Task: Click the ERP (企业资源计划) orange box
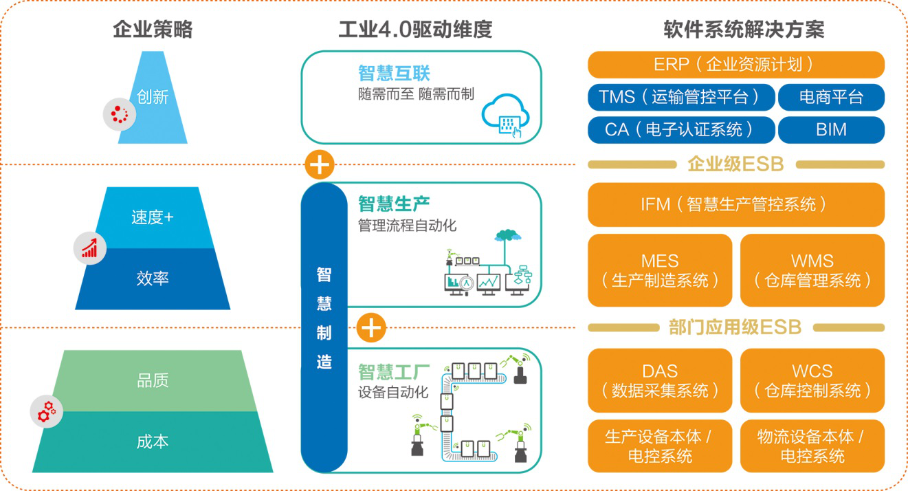[735, 65]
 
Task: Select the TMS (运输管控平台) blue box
[681, 97]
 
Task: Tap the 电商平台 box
[831, 97]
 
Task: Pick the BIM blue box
[831, 129]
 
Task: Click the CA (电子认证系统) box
[681, 129]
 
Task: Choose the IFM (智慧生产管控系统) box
[735, 204]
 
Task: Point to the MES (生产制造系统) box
[660, 270]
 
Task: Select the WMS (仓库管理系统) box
[812, 270]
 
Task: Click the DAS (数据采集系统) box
[660, 380]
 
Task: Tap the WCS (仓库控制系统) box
[812, 380]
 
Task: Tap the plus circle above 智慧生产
[319, 165]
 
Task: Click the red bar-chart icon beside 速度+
[90, 247]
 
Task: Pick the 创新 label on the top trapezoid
[153, 97]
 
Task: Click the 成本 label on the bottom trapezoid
[153, 441]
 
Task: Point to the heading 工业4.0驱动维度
[416, 30]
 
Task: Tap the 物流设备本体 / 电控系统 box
[812, 446]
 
